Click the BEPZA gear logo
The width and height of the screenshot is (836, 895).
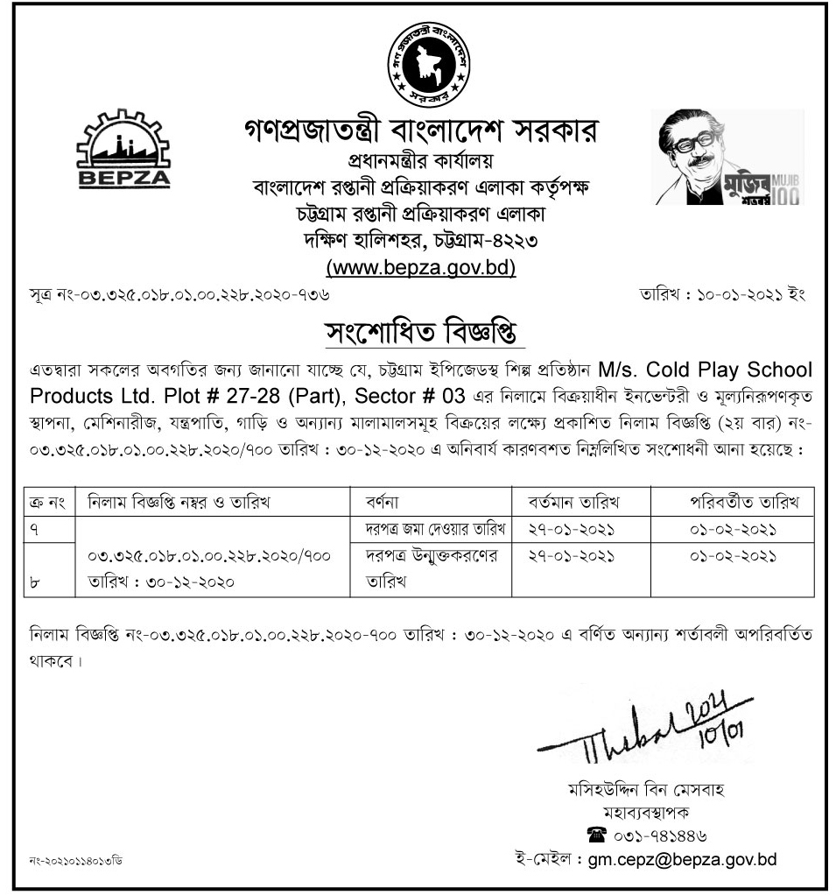[123, 151]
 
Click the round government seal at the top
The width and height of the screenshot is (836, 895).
[427, 66]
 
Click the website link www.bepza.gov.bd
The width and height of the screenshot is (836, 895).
[420, 267]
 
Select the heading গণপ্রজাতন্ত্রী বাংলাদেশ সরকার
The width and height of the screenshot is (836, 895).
[420, 133]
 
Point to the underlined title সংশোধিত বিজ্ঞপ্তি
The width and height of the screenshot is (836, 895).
[419, 334]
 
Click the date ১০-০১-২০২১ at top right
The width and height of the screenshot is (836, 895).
[722, 295]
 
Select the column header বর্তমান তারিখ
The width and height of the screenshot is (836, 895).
[573, 502]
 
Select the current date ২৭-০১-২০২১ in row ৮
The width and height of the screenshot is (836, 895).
[573, 556]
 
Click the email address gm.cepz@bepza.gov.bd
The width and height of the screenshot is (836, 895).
[678, 859]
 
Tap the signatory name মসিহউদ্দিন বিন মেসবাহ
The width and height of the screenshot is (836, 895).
[646, 789]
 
